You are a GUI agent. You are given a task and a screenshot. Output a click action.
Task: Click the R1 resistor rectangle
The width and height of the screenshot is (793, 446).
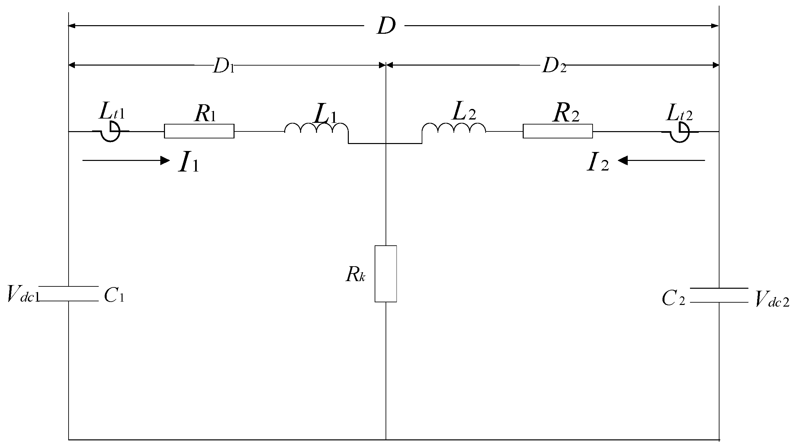click(x=199, y=131)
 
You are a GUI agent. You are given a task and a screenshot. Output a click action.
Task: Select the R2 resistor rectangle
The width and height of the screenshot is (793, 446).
click(x=557, y=131)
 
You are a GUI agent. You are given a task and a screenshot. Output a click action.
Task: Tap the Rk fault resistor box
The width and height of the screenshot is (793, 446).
click(x=386, y=274)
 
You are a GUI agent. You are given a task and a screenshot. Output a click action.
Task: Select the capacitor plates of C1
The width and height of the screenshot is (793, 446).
click(x=68, y=293)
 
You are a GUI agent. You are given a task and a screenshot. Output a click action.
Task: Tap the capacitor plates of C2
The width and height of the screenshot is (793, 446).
click(x=719, y=295)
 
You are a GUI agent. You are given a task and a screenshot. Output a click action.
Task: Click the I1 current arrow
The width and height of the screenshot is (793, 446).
click(x=126, y=161)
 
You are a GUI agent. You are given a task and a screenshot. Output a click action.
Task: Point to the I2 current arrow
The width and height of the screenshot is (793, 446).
click(x=661, y=161)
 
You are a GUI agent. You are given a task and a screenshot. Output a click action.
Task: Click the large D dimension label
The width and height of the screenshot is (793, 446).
click(x=386, y=26)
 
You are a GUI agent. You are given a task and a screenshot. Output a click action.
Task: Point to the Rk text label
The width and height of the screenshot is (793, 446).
click(x=355, y=274)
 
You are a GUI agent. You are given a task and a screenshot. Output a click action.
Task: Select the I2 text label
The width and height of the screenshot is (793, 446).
click(x=598, y=163)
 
